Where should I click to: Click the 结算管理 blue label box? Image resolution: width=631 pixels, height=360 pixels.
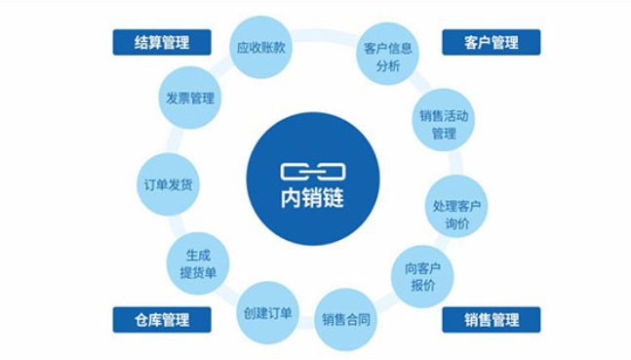tap(162, 42)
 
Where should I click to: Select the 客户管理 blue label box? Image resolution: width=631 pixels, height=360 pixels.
tap(492, 42)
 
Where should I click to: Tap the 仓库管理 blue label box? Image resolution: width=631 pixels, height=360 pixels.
tap(162, 320)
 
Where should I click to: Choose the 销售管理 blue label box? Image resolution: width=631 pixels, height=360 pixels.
tap(492, 320)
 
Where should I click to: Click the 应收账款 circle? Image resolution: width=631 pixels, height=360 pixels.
tap(260, 47)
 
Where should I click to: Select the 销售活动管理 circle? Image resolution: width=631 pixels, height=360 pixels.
tap(444, 120)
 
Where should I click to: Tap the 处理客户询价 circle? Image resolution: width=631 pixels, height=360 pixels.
tap(456, 206)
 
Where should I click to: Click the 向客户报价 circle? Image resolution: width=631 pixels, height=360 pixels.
tap(422, 277)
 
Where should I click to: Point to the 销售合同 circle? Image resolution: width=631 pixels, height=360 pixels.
tap(345, 320)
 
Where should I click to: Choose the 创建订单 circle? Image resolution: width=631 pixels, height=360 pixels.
tap(267, 313)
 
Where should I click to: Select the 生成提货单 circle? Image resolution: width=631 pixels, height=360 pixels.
tap(198, 263)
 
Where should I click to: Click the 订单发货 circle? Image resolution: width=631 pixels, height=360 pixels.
tap(168, 184)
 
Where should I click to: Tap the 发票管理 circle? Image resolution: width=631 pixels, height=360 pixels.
tap(190, 98)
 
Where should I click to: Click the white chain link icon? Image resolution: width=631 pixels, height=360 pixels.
tap(313, 172)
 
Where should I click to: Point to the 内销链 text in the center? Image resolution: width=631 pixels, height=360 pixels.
tap(313, 198)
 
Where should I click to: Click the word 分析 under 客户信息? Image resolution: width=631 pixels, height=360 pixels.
tap(388, 65)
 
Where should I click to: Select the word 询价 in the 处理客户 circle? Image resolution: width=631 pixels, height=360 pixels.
tap(457, 223)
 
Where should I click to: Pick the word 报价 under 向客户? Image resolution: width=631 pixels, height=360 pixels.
tap(423, 285)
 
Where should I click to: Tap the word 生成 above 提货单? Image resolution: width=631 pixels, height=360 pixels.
tap(198, 256)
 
